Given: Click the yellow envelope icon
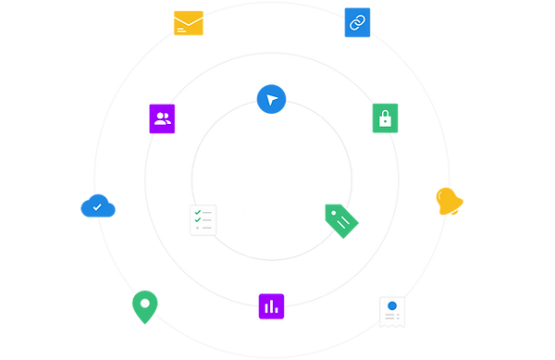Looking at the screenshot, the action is tap(190, 22).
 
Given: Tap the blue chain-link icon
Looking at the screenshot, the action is tap(357, 21).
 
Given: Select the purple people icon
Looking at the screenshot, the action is tap(163, 118).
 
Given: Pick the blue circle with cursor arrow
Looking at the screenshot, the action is tap(271, 99).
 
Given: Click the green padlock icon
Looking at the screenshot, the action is tap(384, 118).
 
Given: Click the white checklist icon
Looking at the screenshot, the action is tap(203, 220).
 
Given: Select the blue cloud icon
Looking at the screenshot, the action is tap(97, 207).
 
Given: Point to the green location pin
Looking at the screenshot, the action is tap(144, 305).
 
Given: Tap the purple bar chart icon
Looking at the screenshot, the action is tap(271, 305).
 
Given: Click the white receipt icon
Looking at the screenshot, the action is tap(392, 312).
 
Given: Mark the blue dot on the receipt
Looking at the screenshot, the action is tap(392, 304).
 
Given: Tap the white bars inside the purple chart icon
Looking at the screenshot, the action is tap(271, 305).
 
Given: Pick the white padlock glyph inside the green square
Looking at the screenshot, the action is tap(384, 118).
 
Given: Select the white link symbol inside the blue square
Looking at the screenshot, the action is tap(357, 21).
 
